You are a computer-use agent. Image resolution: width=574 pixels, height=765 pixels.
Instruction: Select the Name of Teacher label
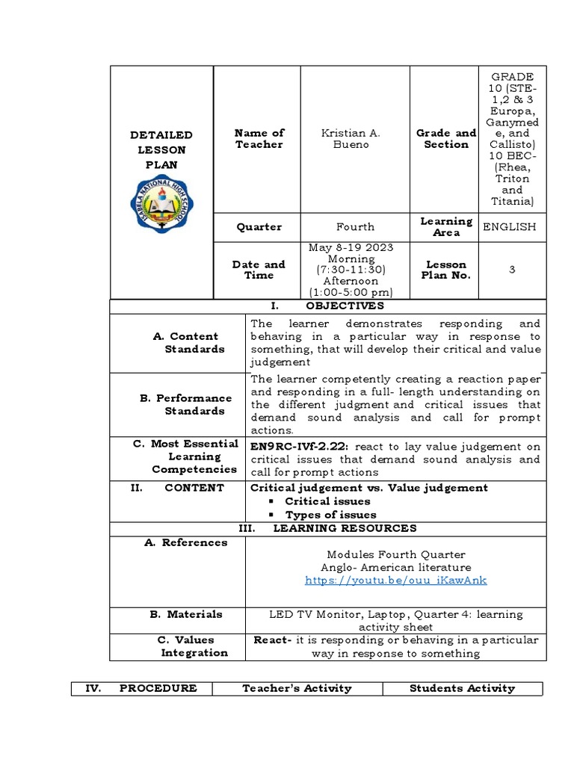(259, 138)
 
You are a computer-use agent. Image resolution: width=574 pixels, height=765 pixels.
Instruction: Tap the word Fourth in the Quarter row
(355, 226)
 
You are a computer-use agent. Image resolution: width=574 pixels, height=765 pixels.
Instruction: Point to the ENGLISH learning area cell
(510, 226)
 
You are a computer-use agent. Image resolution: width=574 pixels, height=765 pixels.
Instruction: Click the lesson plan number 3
(511, 270)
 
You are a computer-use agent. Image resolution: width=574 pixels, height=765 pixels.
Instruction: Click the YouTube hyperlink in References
(395, 580)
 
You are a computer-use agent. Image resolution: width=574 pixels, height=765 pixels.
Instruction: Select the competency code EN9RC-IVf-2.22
(299, 446)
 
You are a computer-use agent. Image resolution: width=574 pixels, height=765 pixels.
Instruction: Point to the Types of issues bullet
(330, 515)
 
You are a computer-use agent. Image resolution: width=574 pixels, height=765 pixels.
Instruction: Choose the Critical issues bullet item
(327, 501)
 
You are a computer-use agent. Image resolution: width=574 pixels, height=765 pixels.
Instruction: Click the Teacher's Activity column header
(297, 688)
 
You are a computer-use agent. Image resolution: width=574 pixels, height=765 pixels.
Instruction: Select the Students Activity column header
(462, 688)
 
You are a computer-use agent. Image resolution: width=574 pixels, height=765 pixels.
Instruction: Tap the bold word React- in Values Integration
(272, 640)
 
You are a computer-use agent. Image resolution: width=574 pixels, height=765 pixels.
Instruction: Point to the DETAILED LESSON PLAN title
(161, 149)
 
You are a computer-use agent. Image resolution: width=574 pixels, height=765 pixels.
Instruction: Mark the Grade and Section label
(445, 138)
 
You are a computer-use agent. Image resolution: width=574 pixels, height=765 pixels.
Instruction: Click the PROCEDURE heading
(158, 688)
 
